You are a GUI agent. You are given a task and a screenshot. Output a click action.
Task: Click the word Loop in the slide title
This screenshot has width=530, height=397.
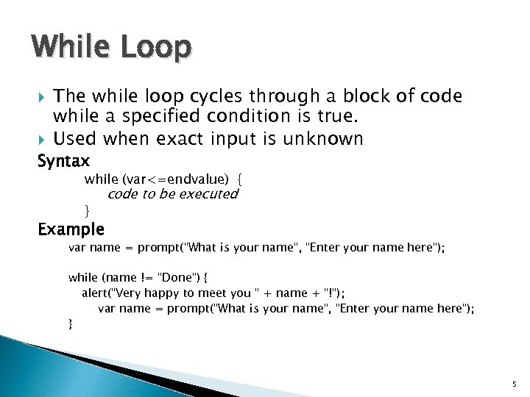pos(156,48)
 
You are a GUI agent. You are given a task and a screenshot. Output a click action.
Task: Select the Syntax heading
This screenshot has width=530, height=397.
pos(63,160)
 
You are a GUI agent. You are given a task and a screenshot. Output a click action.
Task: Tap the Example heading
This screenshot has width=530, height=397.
pos(71,229)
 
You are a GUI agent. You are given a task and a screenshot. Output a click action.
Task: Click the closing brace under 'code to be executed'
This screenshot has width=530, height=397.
pos(87,210)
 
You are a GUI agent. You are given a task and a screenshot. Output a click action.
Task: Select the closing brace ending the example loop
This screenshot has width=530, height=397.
pos(71,323)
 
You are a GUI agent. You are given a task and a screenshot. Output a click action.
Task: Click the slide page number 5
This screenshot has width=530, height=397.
pos(515,385)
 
